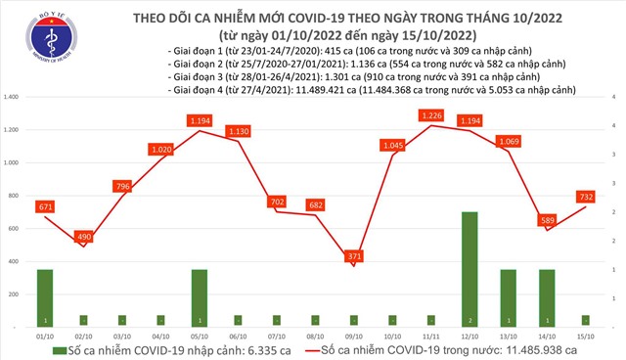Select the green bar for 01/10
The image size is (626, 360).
(x=45, y=296)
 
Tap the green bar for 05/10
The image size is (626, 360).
(x=200, y=296)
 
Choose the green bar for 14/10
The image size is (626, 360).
(x=548, y=296)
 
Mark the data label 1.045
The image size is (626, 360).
(x=392, y=146)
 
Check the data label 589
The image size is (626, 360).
(x=548, y=220)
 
